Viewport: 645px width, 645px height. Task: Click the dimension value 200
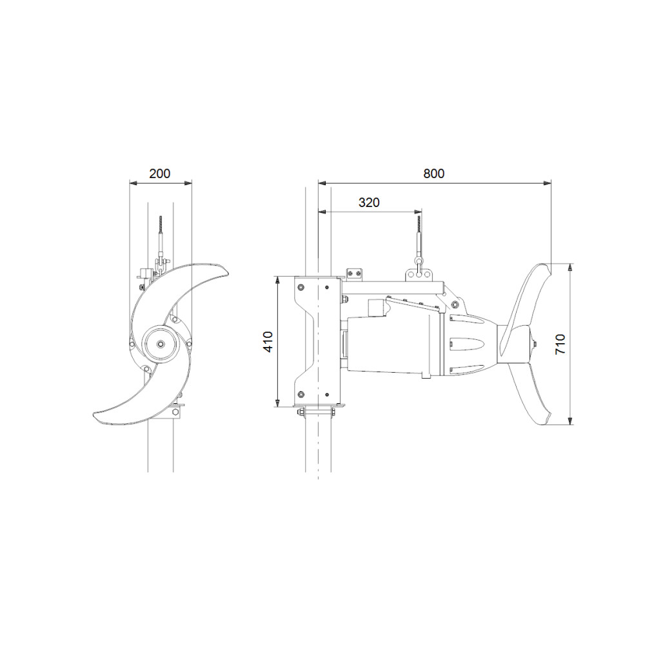(159, 174)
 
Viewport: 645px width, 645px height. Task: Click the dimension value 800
(434, 174)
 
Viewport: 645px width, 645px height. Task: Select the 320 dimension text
(369, 203)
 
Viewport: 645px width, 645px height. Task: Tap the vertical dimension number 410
(268, 341)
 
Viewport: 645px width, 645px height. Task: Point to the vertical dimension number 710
(561, 344)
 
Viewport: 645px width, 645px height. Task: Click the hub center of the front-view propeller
(161, 344)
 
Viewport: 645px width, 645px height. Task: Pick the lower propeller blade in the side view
(531, 395)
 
